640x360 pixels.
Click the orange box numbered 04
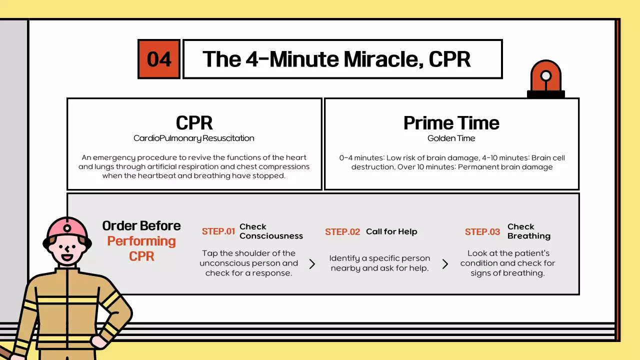pos(159,59)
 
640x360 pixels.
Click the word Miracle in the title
pos(383,59)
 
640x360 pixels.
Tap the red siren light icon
pos(545,79)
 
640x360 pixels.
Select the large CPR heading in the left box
pos(194,123)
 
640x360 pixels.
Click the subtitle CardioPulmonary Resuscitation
pos(193,138)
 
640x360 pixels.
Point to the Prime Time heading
pos(451,123)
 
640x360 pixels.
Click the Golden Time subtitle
pos(451,138)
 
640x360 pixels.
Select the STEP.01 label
pos(218,231)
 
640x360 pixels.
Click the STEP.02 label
pos(342,231)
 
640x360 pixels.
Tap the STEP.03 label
pos(482,231)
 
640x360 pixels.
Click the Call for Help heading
pos(391,231)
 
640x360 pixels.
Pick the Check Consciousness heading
pos(271,231)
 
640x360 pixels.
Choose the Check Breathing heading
pos(529,231)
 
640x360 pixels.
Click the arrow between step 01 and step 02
pos(312,264)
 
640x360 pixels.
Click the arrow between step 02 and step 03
pos(445,264)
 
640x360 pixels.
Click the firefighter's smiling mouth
pos(67,257)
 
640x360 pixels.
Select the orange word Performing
pos(141,241)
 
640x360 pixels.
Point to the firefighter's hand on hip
pos(99,341)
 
